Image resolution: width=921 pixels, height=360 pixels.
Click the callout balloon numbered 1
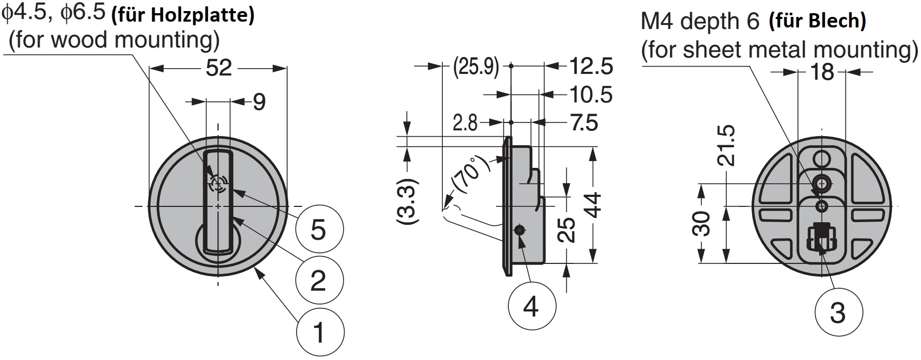(320, 333)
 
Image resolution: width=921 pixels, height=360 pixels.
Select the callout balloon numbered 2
(319, 280)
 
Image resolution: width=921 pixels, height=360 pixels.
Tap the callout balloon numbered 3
(838, 312)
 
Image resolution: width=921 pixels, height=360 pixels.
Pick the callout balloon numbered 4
(531, 306)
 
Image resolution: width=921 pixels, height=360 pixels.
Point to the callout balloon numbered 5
(319, 230)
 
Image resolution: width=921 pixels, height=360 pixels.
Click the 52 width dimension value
(219, 68)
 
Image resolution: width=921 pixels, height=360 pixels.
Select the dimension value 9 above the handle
(259, 102)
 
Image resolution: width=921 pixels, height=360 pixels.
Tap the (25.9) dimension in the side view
(476, 67)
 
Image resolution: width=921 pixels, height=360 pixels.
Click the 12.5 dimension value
(590, 67)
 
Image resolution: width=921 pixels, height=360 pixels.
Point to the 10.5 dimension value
(590, 95)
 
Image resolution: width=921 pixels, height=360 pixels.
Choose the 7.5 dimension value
(584, 123)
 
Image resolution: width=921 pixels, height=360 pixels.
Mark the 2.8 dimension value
(465, 123)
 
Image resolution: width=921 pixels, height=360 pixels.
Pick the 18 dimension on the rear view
(822, 72)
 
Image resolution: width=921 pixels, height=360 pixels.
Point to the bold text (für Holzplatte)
(183, 15)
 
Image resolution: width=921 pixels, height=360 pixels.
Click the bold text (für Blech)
(818, 21)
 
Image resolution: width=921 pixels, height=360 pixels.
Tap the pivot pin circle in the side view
(520, 230)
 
